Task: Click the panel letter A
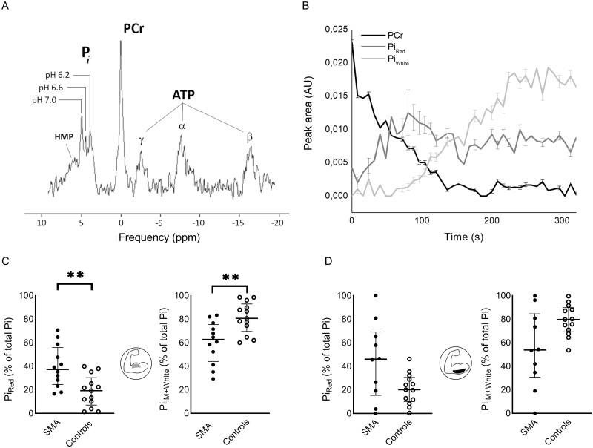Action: click(x=6, y=7)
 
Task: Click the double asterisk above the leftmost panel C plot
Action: click(x=73, y=275)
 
